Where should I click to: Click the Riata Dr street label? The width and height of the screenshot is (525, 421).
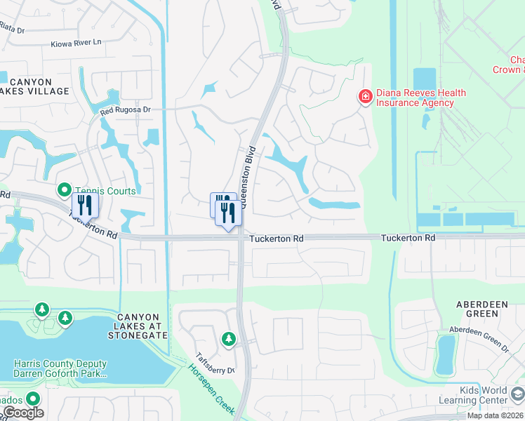(x=11, y=30)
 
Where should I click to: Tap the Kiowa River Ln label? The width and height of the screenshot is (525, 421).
(x=76, y=44)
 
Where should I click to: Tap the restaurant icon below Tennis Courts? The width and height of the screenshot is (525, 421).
(x=85, y=205)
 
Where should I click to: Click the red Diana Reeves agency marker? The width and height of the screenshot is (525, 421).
(x=365, y=97)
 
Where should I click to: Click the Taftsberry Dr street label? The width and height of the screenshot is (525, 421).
(x=215, y=363)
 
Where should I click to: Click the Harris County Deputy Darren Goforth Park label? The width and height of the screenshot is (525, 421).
(x=60, y=368)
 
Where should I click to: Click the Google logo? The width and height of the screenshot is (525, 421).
(x=23, y=413)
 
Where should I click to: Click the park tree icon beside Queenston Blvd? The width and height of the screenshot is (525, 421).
(x=228, y=340)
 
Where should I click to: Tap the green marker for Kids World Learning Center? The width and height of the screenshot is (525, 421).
(x=519, y=393)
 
